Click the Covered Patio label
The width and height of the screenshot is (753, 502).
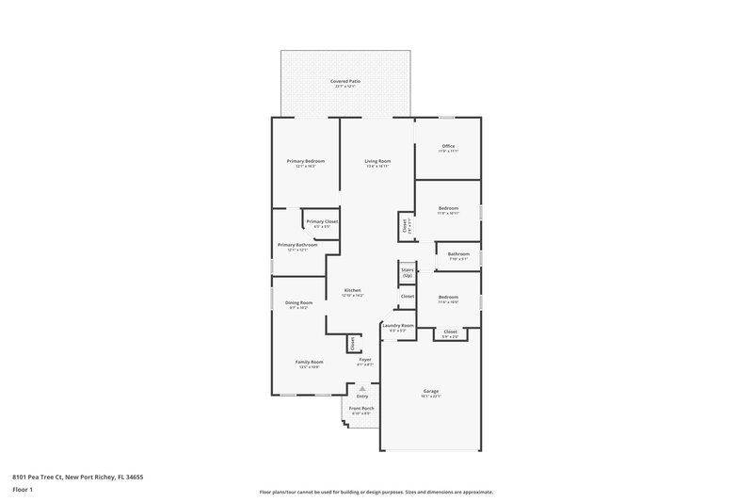(x=345, y=82)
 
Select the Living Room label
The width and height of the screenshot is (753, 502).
(x=377, y=161)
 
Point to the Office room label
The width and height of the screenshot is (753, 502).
(x=448, y=146)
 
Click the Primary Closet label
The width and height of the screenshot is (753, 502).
(x=322, y=221)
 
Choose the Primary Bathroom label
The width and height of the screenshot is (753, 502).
(x=296, y=245)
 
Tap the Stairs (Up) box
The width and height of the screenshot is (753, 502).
(x=408, y=272)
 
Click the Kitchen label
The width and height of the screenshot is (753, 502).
(x=353, y=290)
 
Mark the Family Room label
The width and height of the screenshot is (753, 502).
(x=309, y=363)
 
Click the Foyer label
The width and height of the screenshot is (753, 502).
(x=364, y=360)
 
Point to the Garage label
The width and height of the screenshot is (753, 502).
(x=431, y=391)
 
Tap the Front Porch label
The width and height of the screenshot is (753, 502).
(x=361, y=409)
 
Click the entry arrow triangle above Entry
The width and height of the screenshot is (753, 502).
(x=362, y=387)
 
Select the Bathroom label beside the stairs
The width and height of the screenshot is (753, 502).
(x=458, y=254)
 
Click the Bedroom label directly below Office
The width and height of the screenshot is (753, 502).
(x=448, y=208)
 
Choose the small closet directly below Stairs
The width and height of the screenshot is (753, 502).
(x=407, y=297)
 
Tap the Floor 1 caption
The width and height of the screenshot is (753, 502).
(x=23, y=491)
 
